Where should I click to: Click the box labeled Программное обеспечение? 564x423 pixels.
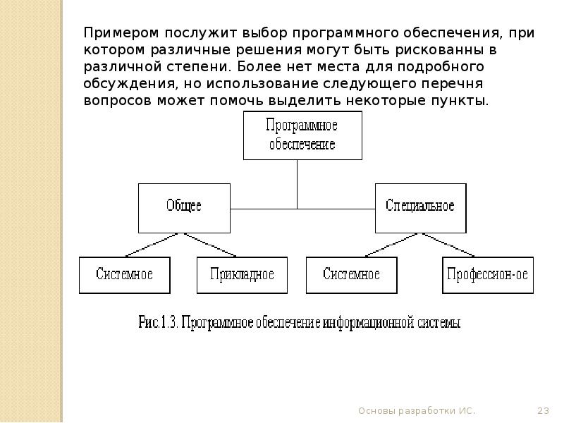click(302, 136)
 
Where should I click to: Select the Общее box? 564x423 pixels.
click(184, 207)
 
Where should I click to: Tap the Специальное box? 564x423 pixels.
click(420, 207)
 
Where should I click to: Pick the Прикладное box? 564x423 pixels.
click(242, 275)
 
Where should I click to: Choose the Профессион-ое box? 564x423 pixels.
click(487, 275)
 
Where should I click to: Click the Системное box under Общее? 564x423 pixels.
click(125, 275)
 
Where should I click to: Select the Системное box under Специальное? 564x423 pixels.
click(351, 275)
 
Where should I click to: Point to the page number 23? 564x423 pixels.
click(543, 410)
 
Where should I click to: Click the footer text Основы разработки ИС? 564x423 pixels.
click(417, 410)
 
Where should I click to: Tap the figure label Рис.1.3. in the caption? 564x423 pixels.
click(159, 323)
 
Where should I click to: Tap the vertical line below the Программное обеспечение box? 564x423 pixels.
click(298, 183)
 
